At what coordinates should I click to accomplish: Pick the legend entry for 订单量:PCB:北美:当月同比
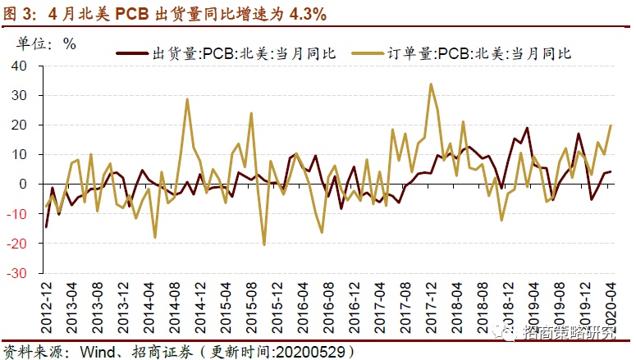(x=464, y=53)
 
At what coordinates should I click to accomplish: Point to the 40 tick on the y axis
(x=20, y=66)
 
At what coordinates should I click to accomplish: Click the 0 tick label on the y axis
(x=25, y=184)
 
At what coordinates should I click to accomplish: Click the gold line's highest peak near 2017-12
(x=431, y=84)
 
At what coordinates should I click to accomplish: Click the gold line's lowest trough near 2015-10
(x=264, y=244)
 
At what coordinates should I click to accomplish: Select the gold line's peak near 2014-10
(x=188, y=99)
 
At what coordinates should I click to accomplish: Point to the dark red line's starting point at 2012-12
(x=46, y=226)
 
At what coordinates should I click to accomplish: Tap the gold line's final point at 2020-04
(x=610, y=125)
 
